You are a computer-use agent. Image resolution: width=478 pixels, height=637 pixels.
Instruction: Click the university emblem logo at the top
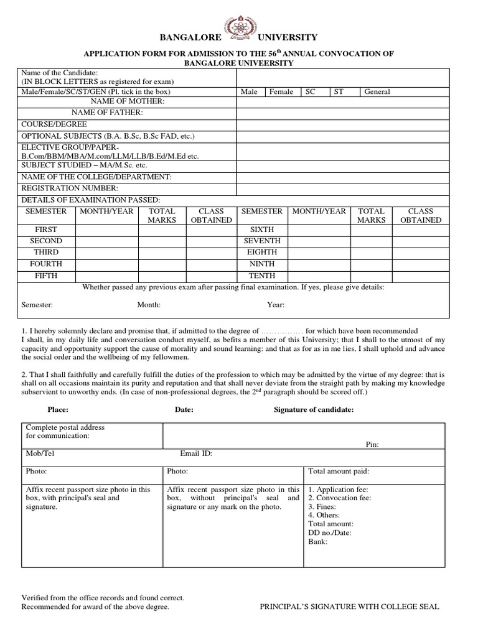click(240, 29)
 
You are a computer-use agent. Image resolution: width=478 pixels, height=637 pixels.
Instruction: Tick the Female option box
click(281, 92)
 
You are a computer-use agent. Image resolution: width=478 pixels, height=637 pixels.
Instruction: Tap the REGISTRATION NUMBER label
click(70, 188)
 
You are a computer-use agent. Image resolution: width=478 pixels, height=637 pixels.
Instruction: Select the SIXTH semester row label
click(261, 230)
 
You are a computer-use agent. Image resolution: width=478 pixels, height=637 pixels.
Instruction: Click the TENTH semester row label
click(261, 275)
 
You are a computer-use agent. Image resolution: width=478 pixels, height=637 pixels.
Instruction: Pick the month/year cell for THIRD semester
click(107, 253)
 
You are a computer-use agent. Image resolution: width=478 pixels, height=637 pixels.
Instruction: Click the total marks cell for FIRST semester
click(162, 230)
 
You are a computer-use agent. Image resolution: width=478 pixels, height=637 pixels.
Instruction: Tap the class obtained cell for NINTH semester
click(421, 264)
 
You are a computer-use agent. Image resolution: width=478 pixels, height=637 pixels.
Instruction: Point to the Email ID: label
click(196, 454)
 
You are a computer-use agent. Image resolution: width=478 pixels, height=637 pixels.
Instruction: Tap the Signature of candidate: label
click(314, 410)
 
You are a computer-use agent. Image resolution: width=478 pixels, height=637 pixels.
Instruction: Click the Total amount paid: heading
click(339, 472)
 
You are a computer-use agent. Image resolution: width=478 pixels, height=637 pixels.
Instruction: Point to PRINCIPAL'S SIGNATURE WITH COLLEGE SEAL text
click(349, 607)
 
